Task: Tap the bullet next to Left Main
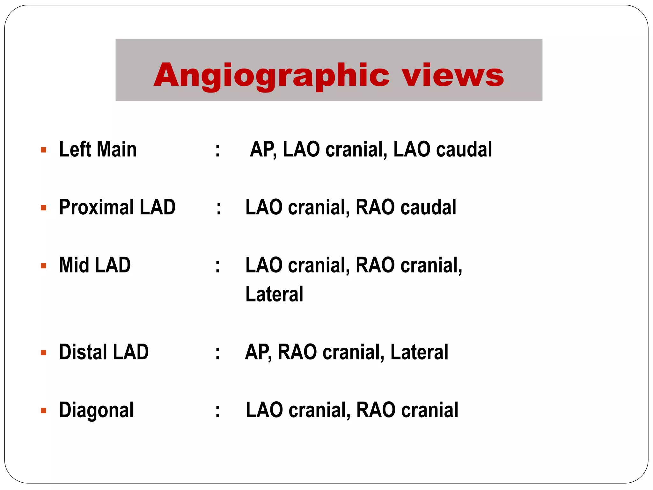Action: click(44, 150)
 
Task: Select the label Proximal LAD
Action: click(117, 207)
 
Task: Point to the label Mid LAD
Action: click(95, 265)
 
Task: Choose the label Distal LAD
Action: click(104, 352)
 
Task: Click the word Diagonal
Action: click(96, 410)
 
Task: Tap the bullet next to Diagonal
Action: click(44, 410)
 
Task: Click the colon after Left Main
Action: click(217, 150)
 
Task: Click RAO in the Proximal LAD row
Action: click(375, 207)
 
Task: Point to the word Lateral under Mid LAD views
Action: click(274, 294)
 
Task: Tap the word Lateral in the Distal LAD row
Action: click(419, 352)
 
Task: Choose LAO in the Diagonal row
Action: click(264, 410)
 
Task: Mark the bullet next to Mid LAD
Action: click(44, 265)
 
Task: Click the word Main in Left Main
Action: click(117, 150)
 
